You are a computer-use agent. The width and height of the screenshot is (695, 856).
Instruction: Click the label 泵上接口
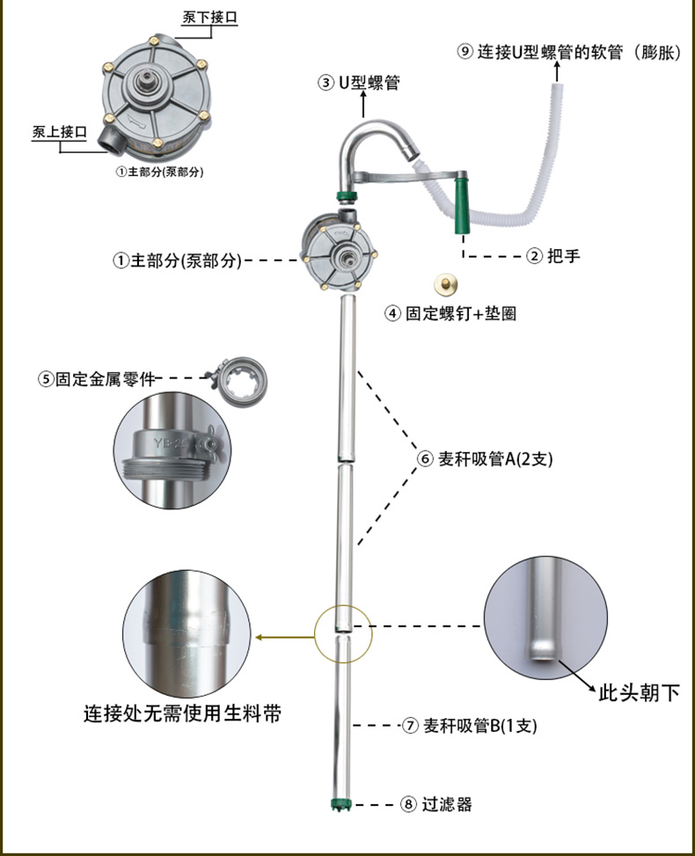click(59, 132)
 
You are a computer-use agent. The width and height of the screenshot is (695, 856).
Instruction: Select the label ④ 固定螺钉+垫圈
click(450, 313)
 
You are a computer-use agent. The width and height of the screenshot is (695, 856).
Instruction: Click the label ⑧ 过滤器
click(436, 804)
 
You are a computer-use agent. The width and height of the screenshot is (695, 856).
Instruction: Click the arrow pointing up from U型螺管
click(363, 106)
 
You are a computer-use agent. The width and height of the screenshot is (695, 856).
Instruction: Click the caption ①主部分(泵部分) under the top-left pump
click(159, 173)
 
